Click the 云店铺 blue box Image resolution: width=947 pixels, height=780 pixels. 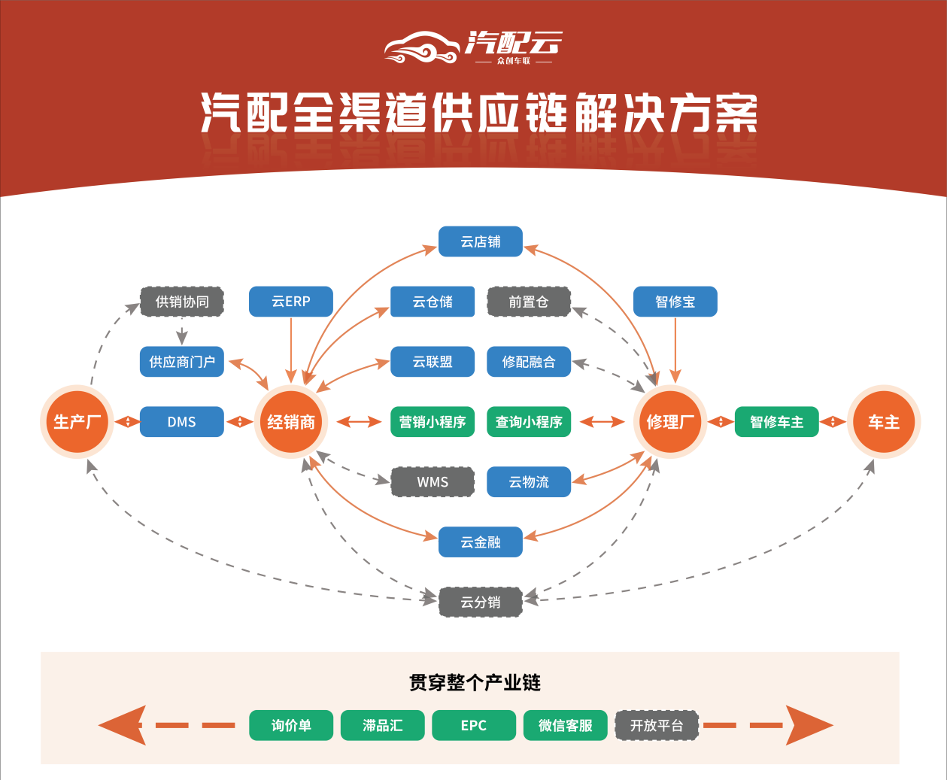pos(480,241)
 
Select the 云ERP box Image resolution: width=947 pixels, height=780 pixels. pos(291,302)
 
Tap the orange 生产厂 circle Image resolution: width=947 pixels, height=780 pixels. pos(77,422)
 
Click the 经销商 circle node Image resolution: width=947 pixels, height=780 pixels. pos(291,422)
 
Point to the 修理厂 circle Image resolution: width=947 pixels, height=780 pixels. pos(670,422)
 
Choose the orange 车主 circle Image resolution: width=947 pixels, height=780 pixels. pos(884,422)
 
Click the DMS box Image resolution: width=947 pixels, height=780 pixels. pos(181,422)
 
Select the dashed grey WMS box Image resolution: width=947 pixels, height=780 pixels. pos(433,482)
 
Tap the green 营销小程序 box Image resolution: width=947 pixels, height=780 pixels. pos(433,422)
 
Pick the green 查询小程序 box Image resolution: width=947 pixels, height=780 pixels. pos(529,422)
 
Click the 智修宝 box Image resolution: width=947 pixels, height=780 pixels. pos(675,302)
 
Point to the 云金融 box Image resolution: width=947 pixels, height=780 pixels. pos(480,542)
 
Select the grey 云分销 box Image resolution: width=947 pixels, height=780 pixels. pos(480,602)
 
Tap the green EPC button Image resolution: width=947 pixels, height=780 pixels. pos(474,725)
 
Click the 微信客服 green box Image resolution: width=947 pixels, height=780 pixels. pos(566,725)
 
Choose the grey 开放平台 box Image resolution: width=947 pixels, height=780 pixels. pos(657,725)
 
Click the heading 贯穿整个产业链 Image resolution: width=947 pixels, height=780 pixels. pos(475,682)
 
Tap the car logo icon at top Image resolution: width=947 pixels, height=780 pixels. pos(422,49)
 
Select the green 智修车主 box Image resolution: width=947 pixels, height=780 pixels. pos(776,422)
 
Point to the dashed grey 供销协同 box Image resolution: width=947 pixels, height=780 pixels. pos(181,302)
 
